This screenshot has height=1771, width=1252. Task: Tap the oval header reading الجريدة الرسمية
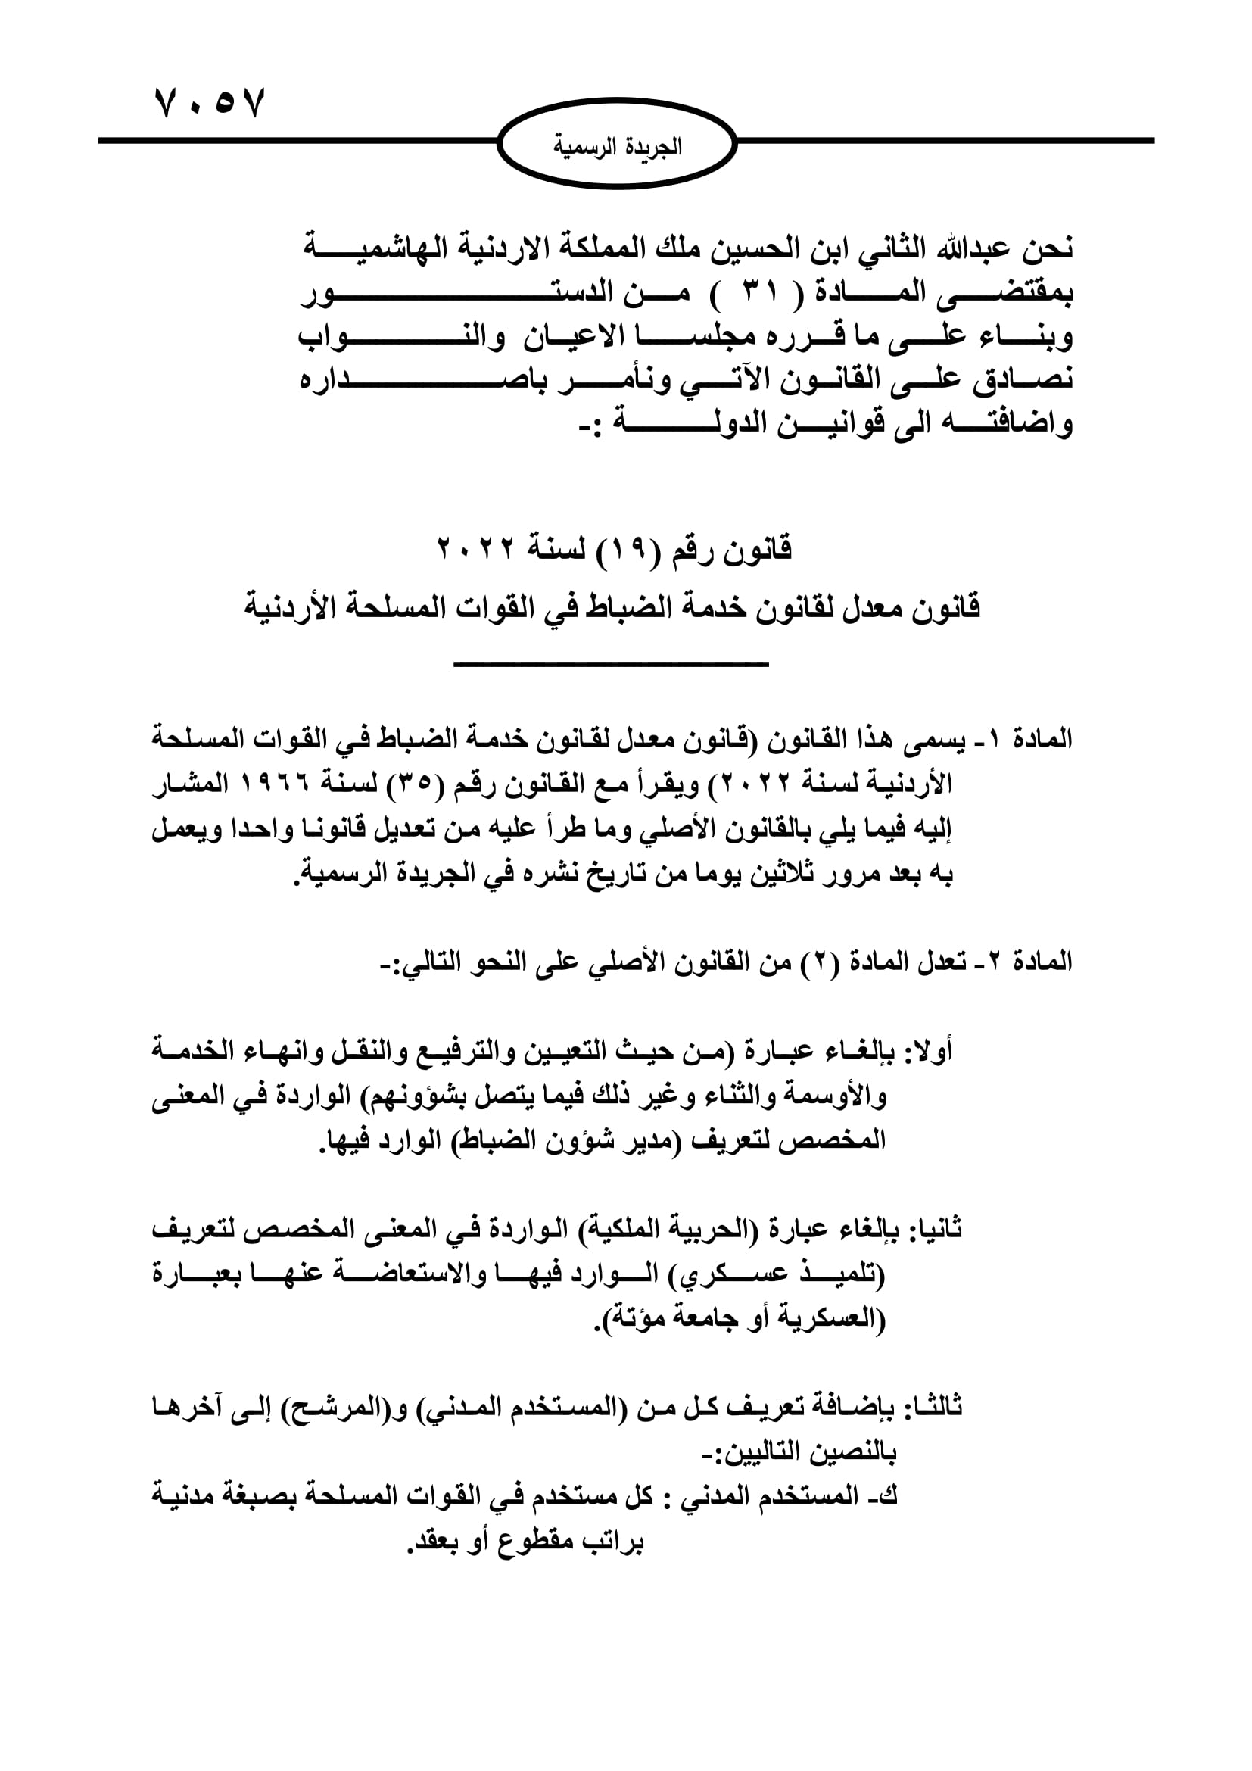click(617, 145)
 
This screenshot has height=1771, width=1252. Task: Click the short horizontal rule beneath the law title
click(611, 664)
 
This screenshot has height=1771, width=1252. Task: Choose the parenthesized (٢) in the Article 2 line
click(810, 962)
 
